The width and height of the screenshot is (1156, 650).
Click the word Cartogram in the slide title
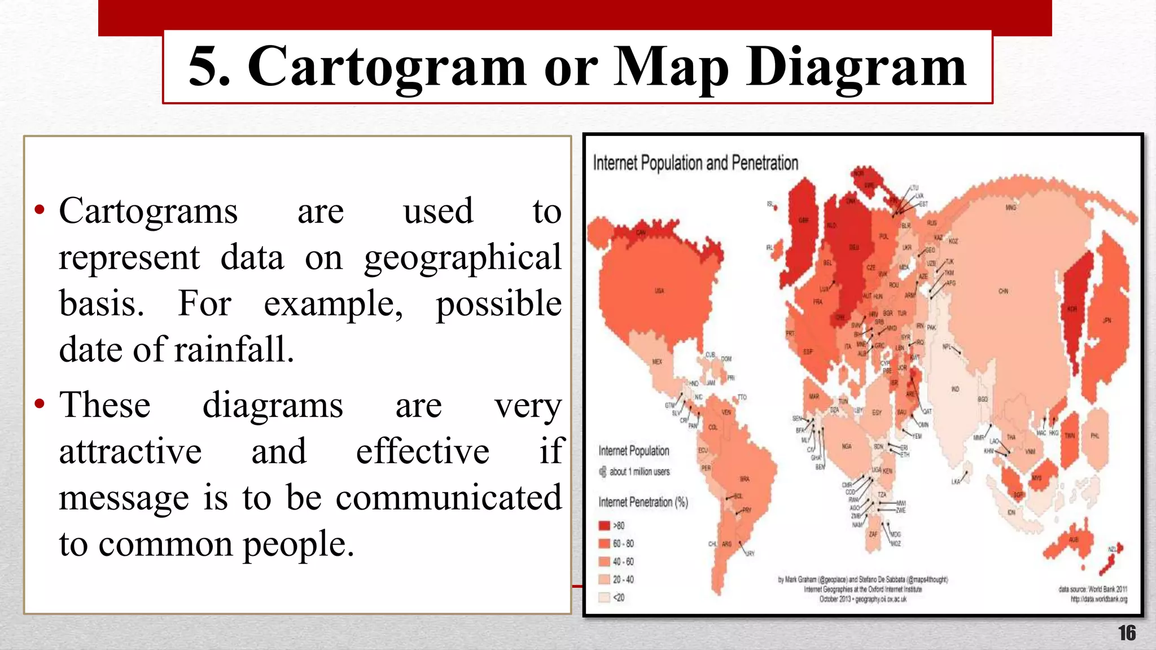[387, 68]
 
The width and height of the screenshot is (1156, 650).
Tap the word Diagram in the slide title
[856, 68]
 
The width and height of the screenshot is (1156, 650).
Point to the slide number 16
[1127, 633]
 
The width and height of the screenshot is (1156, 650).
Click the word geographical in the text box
[462, 258]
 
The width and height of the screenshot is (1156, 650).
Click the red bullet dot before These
[39, 404]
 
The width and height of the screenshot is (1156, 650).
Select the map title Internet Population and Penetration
[695, 163]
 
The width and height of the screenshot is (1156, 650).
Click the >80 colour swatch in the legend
[604, 526]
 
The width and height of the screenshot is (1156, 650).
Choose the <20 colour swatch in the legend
[604, 598]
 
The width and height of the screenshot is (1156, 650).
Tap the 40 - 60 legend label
[623, 562]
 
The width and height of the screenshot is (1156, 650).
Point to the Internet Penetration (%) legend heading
[643, 502]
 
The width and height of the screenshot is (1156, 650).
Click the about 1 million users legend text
[640, 472]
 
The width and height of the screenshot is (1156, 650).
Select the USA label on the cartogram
[659, 291]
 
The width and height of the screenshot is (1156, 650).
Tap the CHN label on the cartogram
[1003, 292]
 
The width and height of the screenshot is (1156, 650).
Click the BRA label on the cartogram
[745, 479]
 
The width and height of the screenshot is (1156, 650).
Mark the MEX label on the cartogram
[657, 362]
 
